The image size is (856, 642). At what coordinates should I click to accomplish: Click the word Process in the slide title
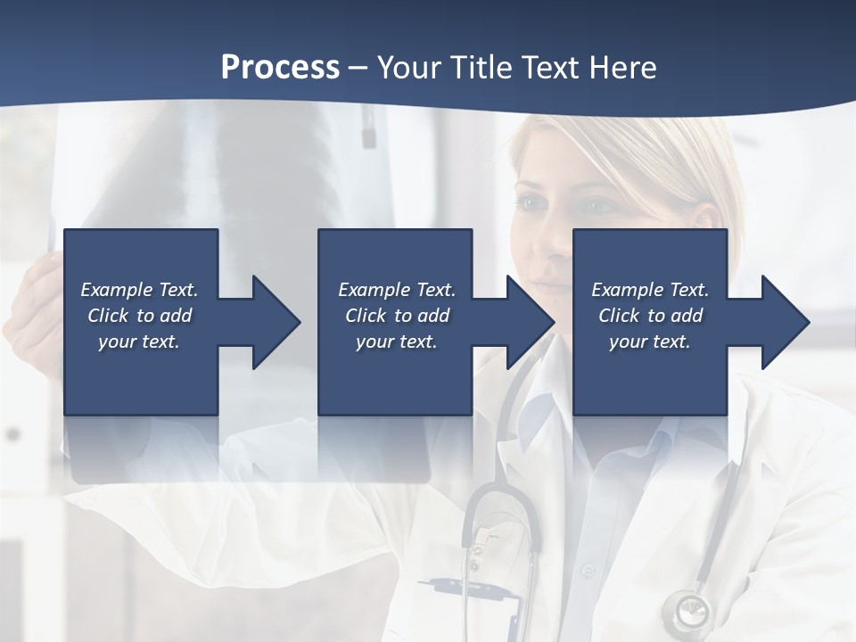point(280,68)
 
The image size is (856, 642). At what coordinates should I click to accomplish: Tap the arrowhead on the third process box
point(783,322)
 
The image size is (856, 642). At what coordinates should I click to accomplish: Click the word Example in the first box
point(116,290)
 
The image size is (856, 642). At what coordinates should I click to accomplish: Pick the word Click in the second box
point(365,316)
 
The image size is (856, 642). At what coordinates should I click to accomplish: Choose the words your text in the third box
point(650,342)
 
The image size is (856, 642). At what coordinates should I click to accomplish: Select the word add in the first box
point(177,316)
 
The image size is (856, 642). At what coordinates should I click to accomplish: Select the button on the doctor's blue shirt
point(586,568)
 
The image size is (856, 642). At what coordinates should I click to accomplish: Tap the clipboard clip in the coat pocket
point(486,535)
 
